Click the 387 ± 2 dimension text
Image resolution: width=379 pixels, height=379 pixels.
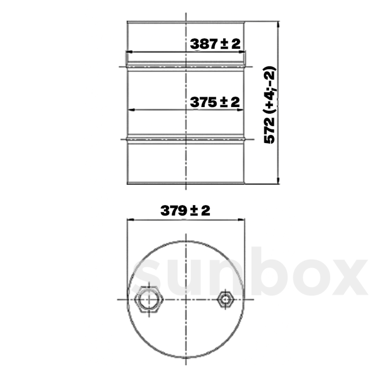click(215, 44)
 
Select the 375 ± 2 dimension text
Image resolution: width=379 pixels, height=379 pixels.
click(215, 102)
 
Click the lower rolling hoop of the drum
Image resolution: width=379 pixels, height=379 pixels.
click(186, 139)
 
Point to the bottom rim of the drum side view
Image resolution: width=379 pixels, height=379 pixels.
click(186, 183)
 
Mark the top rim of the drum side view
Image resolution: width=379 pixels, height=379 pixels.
click(186, 22)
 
